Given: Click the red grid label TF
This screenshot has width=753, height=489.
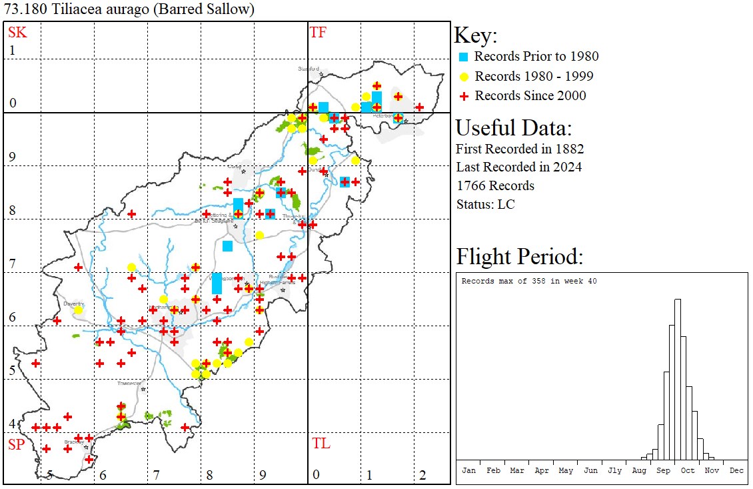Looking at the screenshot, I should tap(318, 32).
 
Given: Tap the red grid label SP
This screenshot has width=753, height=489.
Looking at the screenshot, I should tap(16, 444).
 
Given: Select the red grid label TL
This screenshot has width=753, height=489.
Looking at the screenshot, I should tap(321, 444).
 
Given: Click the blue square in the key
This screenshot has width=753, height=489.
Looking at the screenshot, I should tap(464, 57).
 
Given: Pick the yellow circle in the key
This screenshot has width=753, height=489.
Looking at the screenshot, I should tap(464, 76).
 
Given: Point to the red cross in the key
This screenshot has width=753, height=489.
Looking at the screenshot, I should tap(464, 96).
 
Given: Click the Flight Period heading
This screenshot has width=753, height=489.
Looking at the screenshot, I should tap(519, 256).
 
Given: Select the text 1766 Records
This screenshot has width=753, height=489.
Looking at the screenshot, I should tap(495, 185).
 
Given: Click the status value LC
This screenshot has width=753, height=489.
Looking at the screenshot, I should tap(506, 204).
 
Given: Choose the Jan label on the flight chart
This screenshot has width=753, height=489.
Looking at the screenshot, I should tap(469, 470).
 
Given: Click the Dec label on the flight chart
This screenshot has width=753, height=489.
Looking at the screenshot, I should tap(736, 470).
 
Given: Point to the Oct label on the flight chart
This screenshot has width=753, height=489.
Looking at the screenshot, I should tap(688, 470).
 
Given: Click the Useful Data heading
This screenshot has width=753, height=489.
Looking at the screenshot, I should tap(513, 127).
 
